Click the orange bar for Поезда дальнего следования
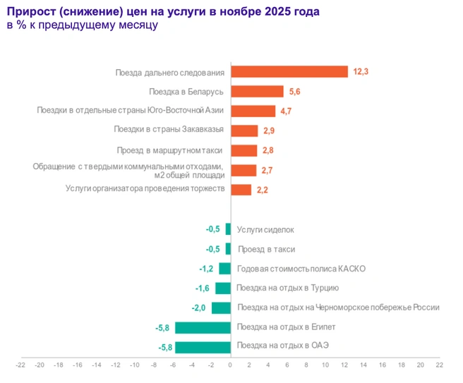click(289, 72)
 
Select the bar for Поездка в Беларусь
click(257, 92)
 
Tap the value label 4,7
click(286, 111)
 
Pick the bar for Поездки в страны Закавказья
click(244, 131)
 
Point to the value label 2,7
click(267, 171)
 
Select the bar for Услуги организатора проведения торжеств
click(241, 190)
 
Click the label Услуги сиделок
click(265, 229)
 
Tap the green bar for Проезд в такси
click(228, 249)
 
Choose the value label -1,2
click(206, 269)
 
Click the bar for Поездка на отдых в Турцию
click(223, 288)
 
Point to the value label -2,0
click(198, 308)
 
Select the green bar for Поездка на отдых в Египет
click(203, 327)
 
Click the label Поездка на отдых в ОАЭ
click(283, 345)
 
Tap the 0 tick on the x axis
click(230, 365)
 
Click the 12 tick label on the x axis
click(344, 365)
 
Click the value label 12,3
click(361, 72)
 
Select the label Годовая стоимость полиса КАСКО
click(301, 269)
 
